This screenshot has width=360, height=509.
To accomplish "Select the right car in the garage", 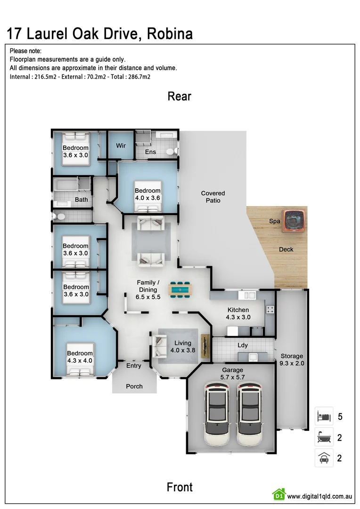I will click(249, 415).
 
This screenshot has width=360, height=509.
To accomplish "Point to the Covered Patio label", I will click(213, 197).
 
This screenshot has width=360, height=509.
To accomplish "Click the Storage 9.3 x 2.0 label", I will click(292, 360).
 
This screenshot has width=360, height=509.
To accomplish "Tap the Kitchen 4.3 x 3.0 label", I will click(238, 313).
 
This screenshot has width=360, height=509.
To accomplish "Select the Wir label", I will click(121, 146).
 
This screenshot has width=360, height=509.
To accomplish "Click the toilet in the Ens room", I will click(174, 151).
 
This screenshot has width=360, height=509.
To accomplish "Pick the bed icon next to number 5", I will click(324, 417).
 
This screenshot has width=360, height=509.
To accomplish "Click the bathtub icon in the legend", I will click(324, 437).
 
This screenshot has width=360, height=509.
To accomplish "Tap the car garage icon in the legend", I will click(324, 458).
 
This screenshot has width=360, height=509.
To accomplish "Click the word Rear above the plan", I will click(180, 96).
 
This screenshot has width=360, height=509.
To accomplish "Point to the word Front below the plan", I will click(180, 487).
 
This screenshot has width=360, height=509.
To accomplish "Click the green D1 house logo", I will click(278, 494).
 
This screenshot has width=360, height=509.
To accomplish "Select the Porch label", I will click(134, 386).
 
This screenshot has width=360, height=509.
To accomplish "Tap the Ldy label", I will click(243, 345).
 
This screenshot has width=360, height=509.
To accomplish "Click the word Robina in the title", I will click(170, 34).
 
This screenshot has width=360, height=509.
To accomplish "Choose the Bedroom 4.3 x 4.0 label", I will click(80, 357).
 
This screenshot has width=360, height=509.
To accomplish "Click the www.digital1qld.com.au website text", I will click(320, 496).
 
